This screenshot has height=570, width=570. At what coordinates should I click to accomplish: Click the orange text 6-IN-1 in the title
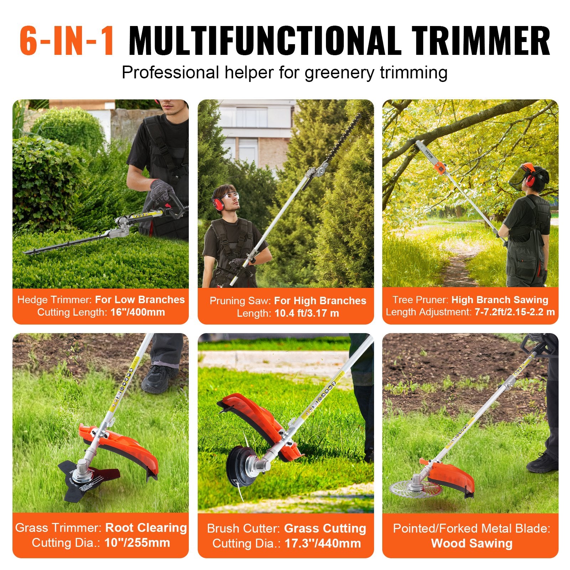pyautogui.click(x=67, y=41)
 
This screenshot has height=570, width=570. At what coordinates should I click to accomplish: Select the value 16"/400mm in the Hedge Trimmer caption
pyautogui.click(x=138, y=312)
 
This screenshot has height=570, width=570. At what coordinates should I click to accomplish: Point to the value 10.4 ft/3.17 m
pyautogui.click(x=306, y=313)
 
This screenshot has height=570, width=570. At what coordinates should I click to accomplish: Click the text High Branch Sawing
pyautogui.click(x=499, y=300)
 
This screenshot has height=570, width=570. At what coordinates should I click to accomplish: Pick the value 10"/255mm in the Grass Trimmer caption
pyautogui.click(x=137, y=543)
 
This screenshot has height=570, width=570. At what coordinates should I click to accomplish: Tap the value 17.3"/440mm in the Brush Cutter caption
pyautogui.click(x=322, y=544)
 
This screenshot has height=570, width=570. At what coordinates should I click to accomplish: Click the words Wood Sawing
pyautogui.click(x=472, y=544)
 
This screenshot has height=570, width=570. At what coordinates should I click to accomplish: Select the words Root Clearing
pyautogui.click(x=146, y=528)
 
